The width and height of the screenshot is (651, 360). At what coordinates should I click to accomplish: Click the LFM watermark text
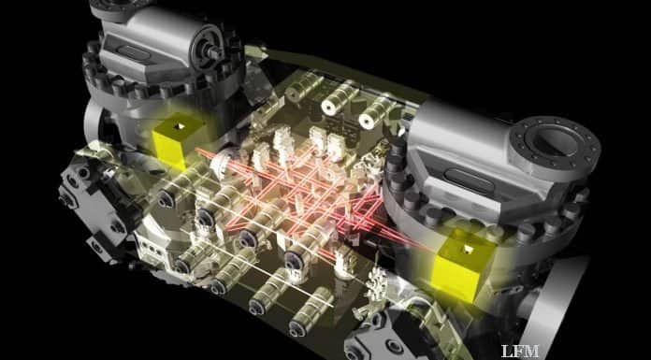tap(519, 351)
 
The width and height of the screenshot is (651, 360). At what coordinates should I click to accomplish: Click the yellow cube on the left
tap(177, 140)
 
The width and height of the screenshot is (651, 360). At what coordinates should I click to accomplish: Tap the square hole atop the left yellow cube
tap(181, 126)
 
